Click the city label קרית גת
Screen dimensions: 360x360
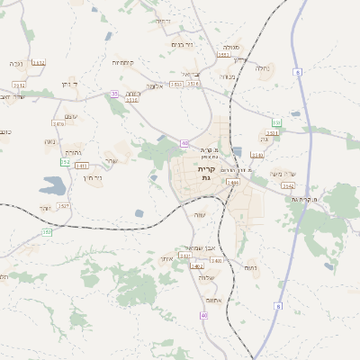point(206,174)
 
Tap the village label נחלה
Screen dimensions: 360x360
point(263,67)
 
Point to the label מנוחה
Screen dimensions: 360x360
point(228,76)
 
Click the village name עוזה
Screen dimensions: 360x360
point(201,214)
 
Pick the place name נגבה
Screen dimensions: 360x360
point(15,64)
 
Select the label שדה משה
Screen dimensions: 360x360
point(283,175)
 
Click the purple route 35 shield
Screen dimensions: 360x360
point(114,93)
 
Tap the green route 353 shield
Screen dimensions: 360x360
point(277,122)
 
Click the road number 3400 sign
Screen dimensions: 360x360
point(217,260)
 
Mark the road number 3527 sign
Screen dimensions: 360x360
point(63,206)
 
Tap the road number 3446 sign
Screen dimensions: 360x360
point(232,183)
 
